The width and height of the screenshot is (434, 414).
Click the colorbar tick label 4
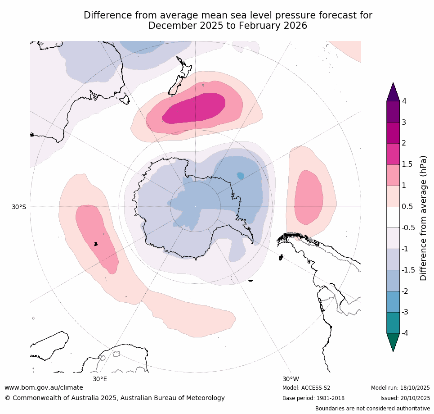click(x=404, y=101)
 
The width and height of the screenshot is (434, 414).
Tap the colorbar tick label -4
click(x=405, y=333)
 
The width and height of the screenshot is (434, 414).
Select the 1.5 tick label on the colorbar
click(x=407, y=164)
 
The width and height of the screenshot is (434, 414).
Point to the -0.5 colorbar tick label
click(x=408, y=227)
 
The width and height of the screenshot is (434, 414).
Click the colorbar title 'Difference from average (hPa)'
click(x=423, y=218)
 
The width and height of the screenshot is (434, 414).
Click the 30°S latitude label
click(x=19, y=207)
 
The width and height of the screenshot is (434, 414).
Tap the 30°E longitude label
click(x=100, y=379)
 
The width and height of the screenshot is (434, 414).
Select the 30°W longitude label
click(x=291, y=379)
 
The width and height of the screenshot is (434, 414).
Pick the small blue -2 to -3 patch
click(x=240, y=175)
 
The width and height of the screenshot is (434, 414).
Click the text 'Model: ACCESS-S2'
click(x=306, y=388)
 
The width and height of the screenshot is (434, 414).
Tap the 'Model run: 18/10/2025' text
click(x=400, y=388)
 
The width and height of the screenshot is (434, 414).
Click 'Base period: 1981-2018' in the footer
click(x=313, y=398)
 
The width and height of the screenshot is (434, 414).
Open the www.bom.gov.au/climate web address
click(x=44, y=387)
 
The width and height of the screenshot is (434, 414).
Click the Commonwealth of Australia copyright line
click(x=115, y=398)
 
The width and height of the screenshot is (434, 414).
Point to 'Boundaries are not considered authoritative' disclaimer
click(x=372, y=409)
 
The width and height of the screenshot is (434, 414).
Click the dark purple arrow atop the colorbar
click(x=393, y=91)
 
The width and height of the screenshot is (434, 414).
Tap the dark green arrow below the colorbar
click(x=393, y=342)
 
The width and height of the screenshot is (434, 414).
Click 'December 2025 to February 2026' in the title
click(x=228, y=26)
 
